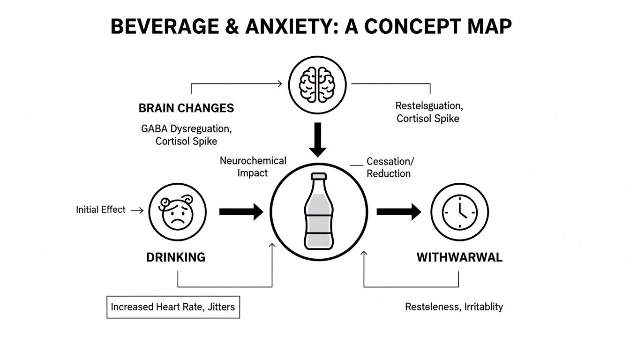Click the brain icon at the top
pyautogui.click(x=317, y=85)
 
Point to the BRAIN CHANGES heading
pyautogui.click(x=186, y=108)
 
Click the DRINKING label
pyautogui.click(x=175, y=257)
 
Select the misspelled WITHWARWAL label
pyautogui.click(x=459, y=257)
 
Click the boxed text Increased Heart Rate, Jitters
pyautogui.click(x=173, y=307)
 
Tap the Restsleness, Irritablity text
pyautogui.click(x=454, y=307)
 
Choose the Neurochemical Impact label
pyautogui.click(x=253, y=167)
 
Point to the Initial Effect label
pyautogui.click(x=101, y=210)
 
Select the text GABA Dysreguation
pyautogui.click(x=186, y=128)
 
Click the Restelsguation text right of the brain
pyautogui.click(x=427, y=105)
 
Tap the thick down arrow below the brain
pyautogui.click(x=318, y=140)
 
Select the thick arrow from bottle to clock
pyautogui.click(x=399, y=211)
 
